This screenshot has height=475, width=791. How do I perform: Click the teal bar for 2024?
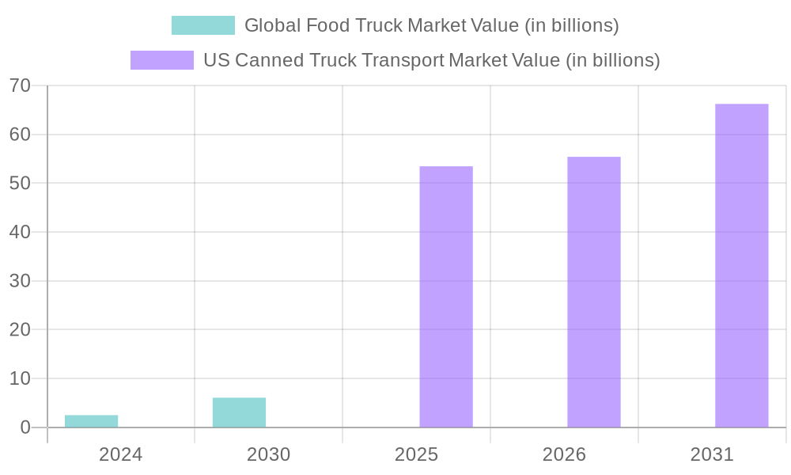[x=91, y=421]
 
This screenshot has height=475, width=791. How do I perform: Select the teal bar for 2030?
[x=239, y=412]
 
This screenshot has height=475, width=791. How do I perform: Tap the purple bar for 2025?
[x=445, y=297]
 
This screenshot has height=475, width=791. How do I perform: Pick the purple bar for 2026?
[x=593, y=292]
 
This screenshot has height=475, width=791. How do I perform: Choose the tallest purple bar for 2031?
[x=741, y=265]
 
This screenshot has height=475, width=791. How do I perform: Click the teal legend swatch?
[x=202, y=25]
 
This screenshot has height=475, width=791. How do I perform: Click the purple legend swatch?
[x=161, y=60]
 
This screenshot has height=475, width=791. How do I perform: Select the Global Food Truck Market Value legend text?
[x=431, y=25]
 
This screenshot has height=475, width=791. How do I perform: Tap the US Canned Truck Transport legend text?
[x=431, y=60]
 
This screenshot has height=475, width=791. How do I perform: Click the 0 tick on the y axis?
[x=25, y=427]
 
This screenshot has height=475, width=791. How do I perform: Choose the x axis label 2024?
[x=120, y=455]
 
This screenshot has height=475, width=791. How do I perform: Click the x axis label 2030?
[x=268, y=455]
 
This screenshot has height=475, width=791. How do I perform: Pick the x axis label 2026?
[x=564, y=455]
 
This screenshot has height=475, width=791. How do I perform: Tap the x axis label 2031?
[x=712, y=455]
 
